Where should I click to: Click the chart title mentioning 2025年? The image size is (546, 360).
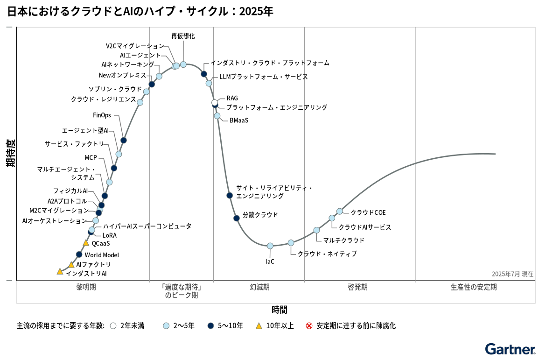click(x=140, y=12)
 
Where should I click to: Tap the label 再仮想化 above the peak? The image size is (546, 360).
click(x=183, y=36)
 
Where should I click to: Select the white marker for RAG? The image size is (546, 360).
click(x=215, y=103)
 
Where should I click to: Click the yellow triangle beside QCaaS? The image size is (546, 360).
click(x=86, y=243)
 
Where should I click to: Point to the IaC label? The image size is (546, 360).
click(x=270, y=261)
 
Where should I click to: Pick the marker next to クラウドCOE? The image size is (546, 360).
click(x=340, y=212)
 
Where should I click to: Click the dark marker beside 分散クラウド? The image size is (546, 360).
click(x=237, y=218)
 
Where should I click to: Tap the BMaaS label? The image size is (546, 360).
click(x=238, y=120)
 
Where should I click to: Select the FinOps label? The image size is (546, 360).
click(x=102, y=115)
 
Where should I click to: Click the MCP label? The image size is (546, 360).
click(x=91, y=158)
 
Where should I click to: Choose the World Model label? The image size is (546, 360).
click(x=102, y=255)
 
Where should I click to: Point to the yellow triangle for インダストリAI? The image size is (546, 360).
click(x=60, y=271)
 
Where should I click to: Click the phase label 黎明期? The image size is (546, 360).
click(x=86, y=287)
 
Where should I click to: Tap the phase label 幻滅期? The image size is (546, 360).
click(x=259, y=287)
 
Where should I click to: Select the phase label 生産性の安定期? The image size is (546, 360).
click(x=474, y=287)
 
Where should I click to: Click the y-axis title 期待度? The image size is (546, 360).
click(x=10, y=153)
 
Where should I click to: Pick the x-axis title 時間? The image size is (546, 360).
click(x=280, y=310)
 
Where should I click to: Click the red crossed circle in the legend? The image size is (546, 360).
click(x=309, y=325)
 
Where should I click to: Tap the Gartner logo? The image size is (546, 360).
click(x=510, y=349)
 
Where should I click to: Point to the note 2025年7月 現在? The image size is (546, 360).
click(x=512, y=274)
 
